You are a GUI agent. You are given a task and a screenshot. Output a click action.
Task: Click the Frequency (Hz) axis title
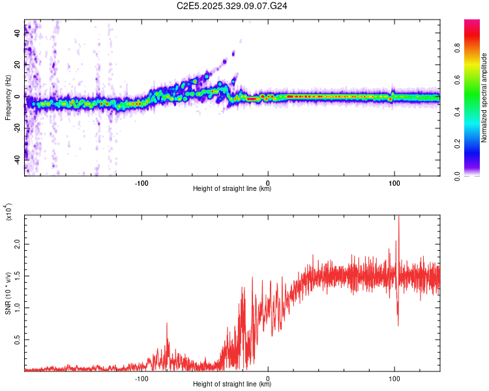8,98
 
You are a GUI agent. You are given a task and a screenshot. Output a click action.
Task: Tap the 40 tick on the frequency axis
18,34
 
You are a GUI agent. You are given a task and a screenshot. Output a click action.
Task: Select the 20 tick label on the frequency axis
18,65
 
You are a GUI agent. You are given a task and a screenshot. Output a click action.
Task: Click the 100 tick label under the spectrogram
394,183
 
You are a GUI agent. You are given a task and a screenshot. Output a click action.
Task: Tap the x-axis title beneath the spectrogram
232,189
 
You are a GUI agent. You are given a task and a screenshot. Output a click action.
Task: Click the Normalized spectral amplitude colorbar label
484,98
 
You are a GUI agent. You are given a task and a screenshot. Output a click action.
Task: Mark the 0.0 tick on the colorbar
474,175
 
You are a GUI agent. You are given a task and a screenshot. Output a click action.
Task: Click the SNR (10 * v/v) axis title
8,293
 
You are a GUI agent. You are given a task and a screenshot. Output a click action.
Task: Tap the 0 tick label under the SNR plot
269,379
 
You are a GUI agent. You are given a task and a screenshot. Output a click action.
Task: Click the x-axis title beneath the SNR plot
232,384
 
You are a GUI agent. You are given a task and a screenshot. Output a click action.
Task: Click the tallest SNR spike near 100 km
398,219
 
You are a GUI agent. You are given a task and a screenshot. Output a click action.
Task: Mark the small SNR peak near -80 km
166,323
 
